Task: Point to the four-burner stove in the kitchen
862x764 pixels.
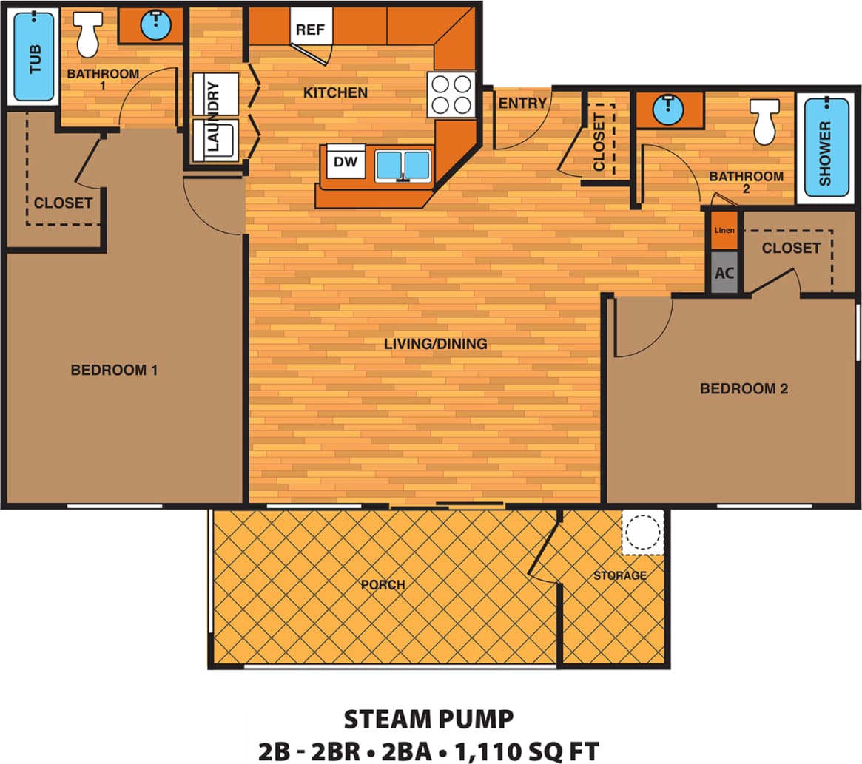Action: click(451, 94)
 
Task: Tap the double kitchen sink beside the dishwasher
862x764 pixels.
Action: click(403, 165)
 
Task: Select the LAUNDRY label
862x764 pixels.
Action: click(214, 117)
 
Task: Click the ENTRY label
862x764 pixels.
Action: click(522, 104)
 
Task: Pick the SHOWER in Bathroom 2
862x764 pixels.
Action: click(826, 149)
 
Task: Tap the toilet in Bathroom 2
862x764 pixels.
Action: click(765, 120)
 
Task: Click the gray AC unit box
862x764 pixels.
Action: click(724, 272)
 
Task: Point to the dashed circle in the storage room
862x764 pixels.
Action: click(642, 532)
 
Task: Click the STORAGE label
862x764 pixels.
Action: click(619, 575)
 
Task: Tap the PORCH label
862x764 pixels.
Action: click(383, 584)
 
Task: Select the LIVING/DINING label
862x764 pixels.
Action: click(435, 343)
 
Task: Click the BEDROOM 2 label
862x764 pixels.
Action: click(744, 388)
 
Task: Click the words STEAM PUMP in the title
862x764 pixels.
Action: click(429, 718)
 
